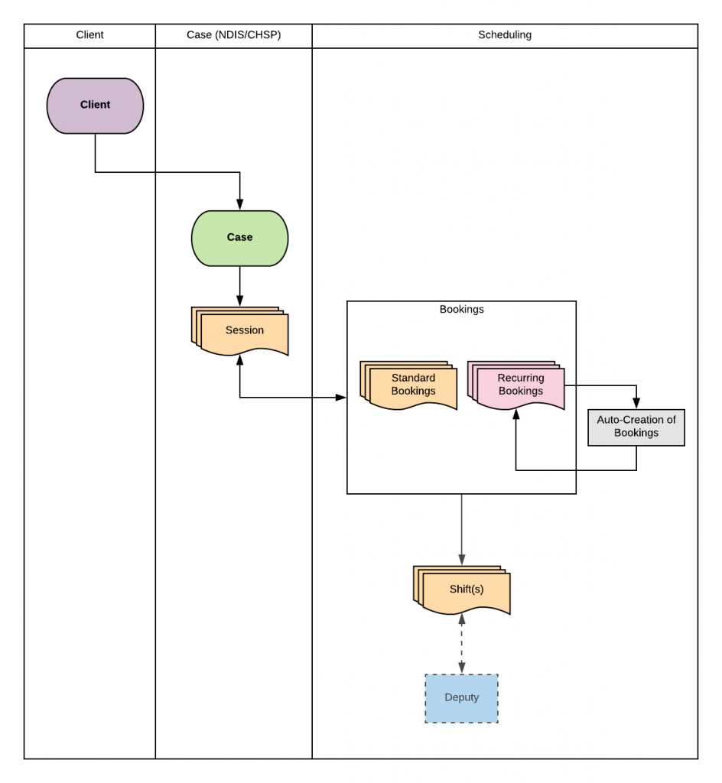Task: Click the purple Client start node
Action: [95, 106]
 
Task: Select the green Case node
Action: [239, 238]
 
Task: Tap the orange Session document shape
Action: [243, 331]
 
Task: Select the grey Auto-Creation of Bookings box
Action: [636, 427]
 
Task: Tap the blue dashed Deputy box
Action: [461, 697]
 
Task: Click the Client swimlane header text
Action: [89, 35]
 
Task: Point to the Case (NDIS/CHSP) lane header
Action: [233, 35]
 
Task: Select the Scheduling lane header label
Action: [505, 35]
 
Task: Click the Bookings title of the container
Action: [461, 310]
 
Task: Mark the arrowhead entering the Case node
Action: [240, 205]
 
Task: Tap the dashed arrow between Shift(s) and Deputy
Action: [461, 644]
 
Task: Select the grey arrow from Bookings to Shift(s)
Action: [461, 528]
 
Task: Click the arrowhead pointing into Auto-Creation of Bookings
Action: [636, 404]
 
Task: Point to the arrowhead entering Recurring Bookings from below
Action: [516, 413]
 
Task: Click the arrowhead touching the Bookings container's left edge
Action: [341, 398]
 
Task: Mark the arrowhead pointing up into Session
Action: [240, 359]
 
